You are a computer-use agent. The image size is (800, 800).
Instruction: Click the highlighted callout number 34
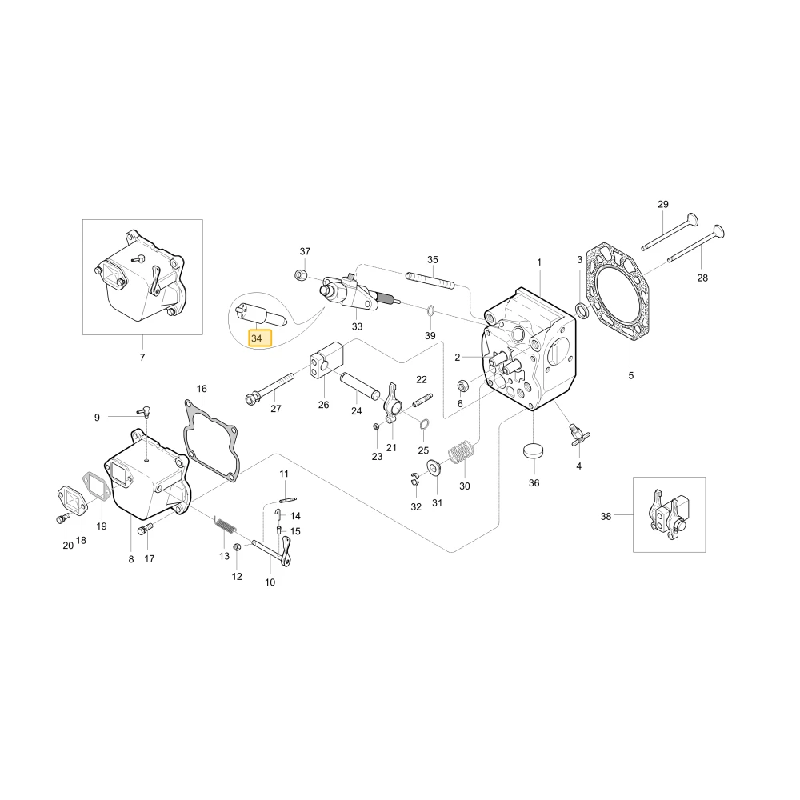pyautogui.click(x=257, y=338)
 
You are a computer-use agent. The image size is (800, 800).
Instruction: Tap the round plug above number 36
pyautogui.click(x=534, y=452)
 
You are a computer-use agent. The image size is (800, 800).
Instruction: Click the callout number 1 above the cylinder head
pyautogui.click(x=539, y=262)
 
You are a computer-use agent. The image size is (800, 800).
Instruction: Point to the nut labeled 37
pyautogui.click(x=301, y=275)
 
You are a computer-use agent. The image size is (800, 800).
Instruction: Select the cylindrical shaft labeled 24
pyautogui.click(x=360, y=386)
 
